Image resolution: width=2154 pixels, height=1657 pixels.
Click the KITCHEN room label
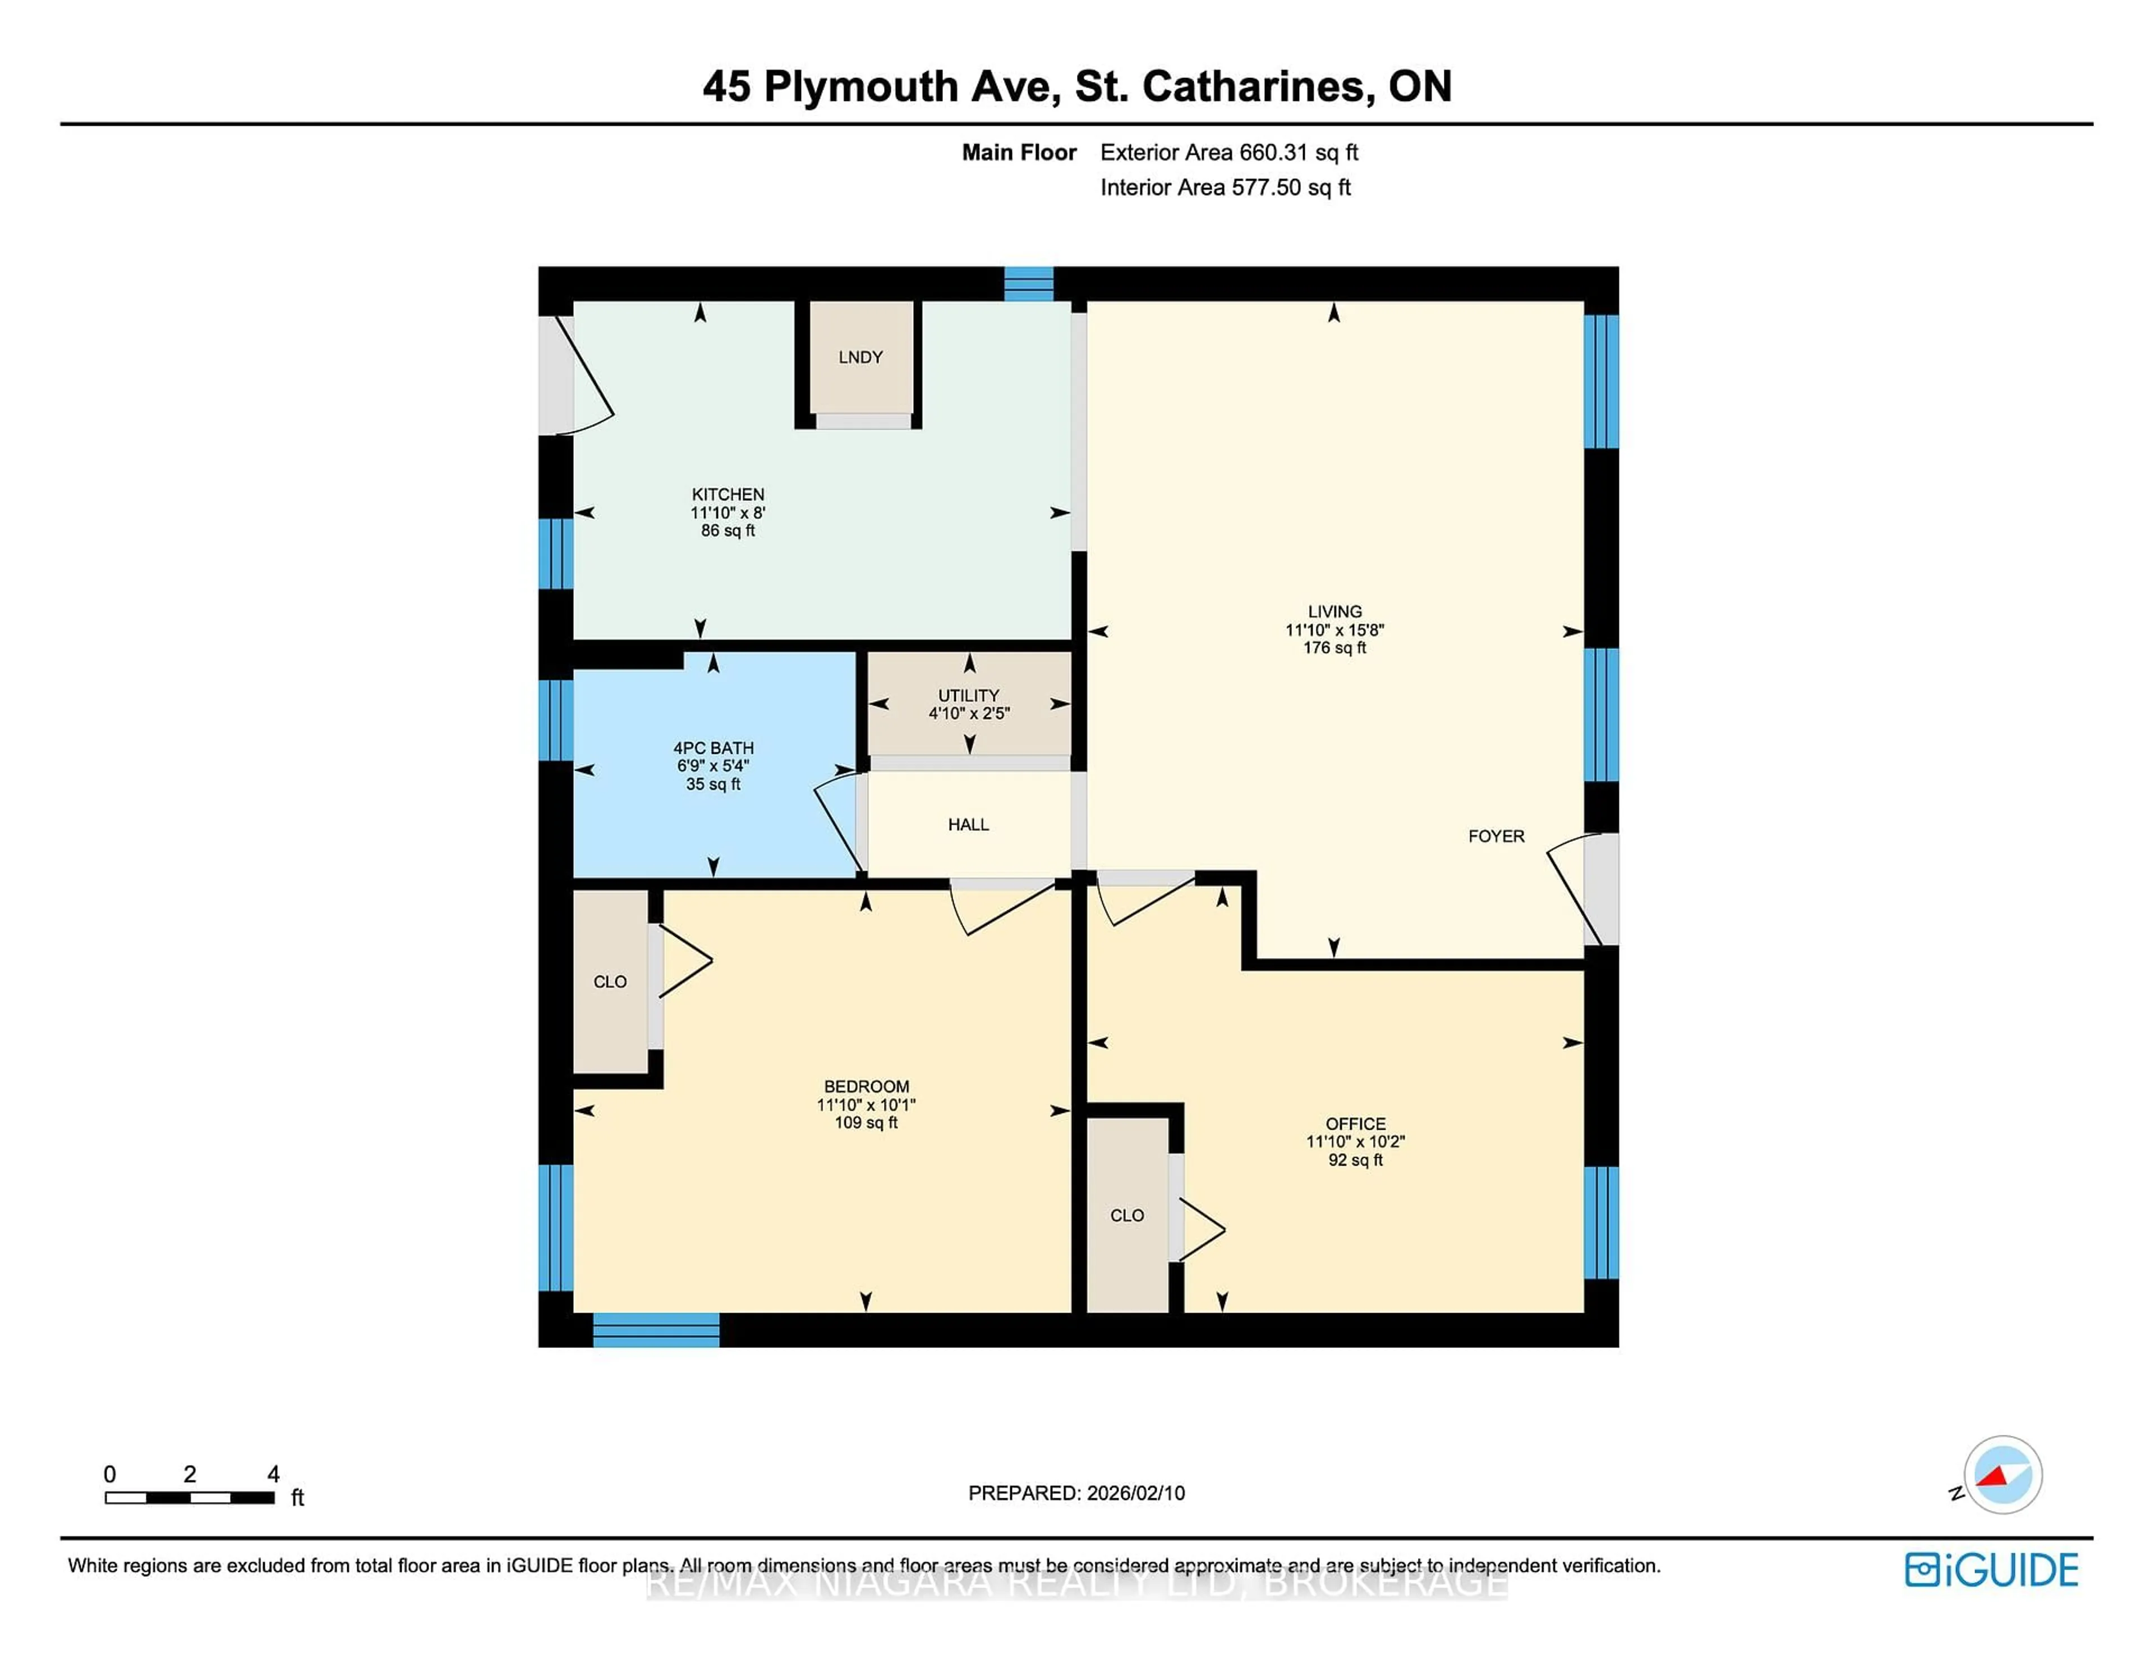coord(728,494)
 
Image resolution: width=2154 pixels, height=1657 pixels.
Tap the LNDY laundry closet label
coord(860,357)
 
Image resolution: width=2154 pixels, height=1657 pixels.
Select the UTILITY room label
coord(969,696)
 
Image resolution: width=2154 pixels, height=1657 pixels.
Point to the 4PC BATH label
coord(713,748)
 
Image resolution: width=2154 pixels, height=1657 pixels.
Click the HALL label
coord(969,825)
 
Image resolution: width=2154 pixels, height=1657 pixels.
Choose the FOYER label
coord(1496,836)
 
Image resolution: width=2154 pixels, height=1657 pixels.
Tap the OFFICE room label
coord(1355,1124)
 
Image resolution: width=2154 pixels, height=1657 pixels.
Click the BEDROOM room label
coord(866,1086)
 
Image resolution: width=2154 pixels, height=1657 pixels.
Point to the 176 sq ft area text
coord(1334,648)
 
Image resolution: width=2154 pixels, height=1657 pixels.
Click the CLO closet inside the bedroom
coord(610,982)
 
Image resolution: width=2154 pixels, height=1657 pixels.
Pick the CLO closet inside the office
coord(1126,1215)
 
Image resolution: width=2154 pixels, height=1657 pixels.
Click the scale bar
coord(190,1497)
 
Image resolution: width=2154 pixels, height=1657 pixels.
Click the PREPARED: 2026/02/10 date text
coord(1076,1493)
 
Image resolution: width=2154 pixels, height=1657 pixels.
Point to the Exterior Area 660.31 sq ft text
coord(1229,153)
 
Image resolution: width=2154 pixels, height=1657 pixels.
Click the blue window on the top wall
coord(1029,284)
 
